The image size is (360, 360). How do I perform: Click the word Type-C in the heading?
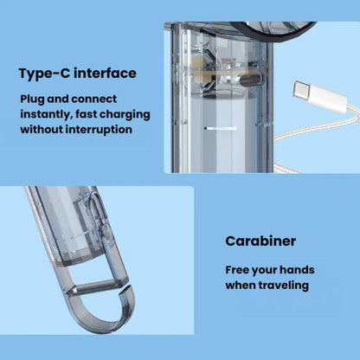click(44, 74)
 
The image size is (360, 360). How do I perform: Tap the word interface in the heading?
click(105, 73)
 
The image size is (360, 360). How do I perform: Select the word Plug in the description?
click(32, 100)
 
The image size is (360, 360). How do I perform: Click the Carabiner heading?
click(260, 241)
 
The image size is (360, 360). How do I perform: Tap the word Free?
click(237, 270)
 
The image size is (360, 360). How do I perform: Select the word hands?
click(297, 270)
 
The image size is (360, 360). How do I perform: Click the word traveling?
click(284, 286)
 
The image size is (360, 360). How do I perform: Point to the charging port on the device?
click(250, 80)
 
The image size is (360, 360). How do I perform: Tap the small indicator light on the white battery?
click(221, 128)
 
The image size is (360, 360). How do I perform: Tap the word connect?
click(94, 100)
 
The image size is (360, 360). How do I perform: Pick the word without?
click(42, 129)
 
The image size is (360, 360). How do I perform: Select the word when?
click(241, 286)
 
